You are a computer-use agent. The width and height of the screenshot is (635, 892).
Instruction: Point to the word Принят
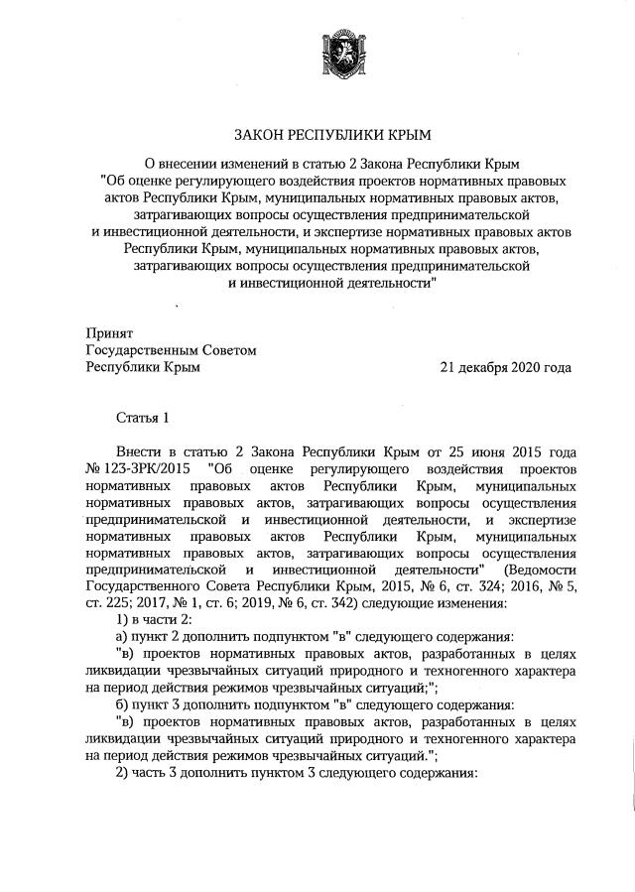coord(108,333)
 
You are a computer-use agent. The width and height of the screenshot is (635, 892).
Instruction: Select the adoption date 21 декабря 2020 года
coord(506,367)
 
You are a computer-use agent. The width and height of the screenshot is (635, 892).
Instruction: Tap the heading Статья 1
coord(143,418)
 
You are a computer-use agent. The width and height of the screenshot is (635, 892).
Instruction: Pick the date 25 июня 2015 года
coord(516,451)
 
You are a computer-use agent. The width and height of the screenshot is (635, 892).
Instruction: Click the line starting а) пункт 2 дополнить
coord(288,637)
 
